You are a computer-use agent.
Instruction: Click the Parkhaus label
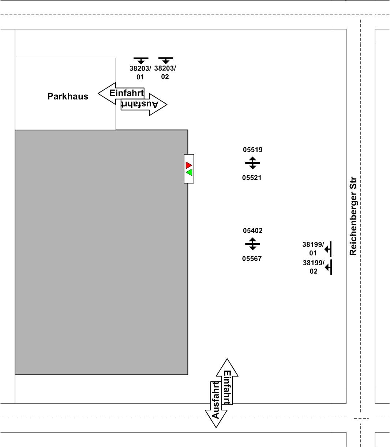68,96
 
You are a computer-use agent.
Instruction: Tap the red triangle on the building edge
188,165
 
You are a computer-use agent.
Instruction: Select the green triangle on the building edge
190,172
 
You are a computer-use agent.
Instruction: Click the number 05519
252,150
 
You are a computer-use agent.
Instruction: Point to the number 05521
252,178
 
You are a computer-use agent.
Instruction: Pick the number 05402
252,230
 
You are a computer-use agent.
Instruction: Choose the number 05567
252,259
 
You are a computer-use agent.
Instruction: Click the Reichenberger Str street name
353,216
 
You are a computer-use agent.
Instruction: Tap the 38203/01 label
140,72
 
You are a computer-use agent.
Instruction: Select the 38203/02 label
165,72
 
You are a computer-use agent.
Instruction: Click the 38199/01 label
313,249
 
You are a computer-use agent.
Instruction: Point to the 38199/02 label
314,267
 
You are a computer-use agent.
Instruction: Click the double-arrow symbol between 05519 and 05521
252,163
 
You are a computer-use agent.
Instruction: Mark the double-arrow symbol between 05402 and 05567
252,244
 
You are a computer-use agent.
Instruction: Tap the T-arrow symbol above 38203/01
141,60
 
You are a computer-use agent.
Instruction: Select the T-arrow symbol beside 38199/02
329,267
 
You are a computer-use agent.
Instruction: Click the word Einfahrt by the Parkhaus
127,93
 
